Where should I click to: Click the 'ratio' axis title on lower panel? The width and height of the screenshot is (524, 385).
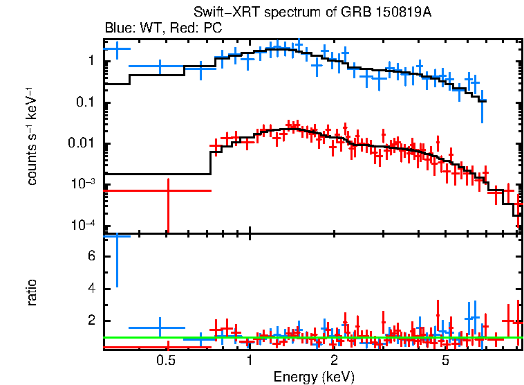[32, 292]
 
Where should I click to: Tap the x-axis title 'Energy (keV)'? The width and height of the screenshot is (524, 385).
[313, 377]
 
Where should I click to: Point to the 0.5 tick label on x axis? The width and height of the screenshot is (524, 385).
[165, 360]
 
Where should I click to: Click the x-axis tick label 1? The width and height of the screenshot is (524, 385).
[250, 360]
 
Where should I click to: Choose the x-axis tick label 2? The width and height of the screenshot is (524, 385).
[334, 360]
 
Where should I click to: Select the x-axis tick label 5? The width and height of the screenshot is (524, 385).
[445, 360]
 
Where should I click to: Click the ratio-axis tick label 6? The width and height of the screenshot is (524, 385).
[91, 257]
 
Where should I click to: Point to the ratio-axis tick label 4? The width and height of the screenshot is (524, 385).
[91, 289]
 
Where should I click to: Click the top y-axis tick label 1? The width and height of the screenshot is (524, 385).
[91, 62]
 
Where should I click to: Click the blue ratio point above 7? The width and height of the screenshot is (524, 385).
[117, 236]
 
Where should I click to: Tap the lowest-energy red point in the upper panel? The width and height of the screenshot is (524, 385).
[167, 190]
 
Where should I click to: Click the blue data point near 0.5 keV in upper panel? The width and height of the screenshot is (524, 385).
[160, 67]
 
